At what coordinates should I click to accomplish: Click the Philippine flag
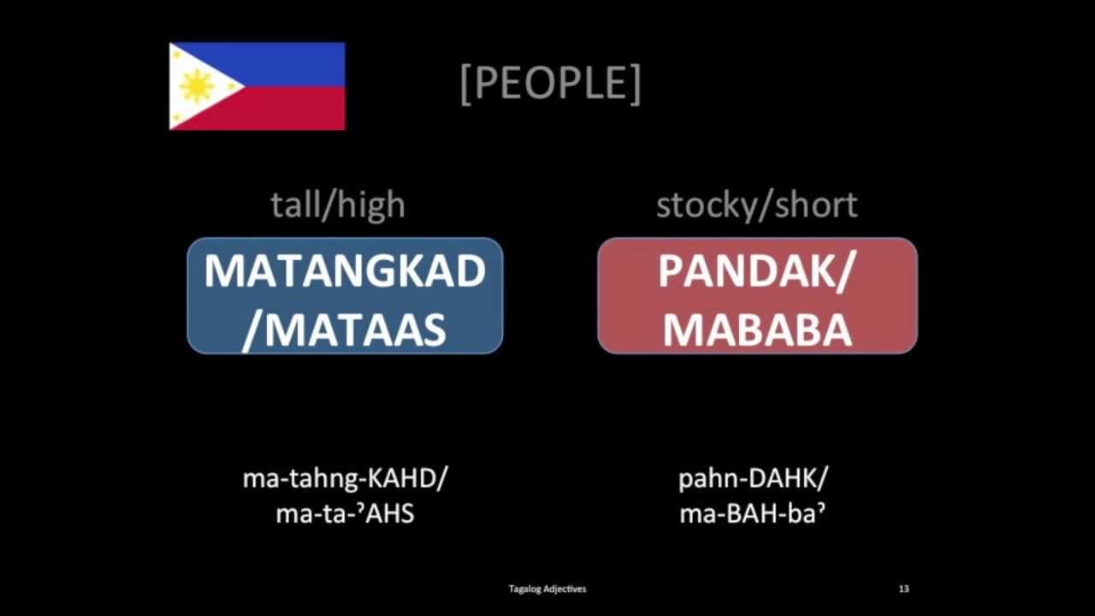257,86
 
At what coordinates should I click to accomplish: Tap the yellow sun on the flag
197,86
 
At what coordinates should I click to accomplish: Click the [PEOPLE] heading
550,83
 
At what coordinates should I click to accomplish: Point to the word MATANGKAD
345,271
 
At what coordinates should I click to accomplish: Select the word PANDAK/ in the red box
756,271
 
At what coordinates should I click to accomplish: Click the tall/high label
338,205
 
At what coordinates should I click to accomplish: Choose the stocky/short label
756,205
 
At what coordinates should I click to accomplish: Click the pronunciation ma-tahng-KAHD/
345,478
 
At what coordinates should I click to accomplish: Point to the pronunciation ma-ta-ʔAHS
345,514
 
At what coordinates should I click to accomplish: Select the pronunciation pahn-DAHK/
754,478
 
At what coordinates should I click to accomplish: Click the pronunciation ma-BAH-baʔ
754,514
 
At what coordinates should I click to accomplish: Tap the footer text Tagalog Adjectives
547,589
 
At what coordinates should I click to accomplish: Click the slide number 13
904,589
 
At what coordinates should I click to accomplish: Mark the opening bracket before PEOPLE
465,84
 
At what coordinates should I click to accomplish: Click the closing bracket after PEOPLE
635,84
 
